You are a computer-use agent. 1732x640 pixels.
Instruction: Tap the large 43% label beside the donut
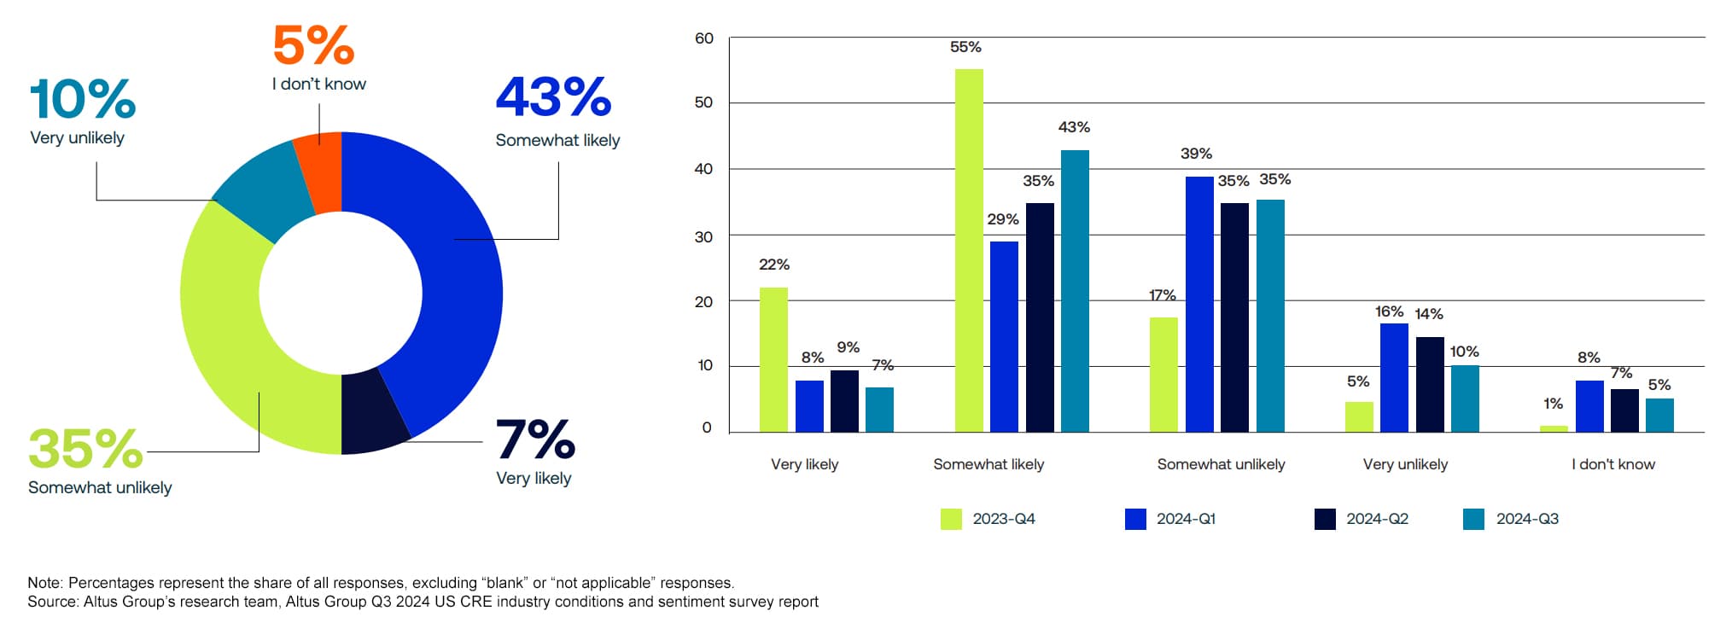[553, 97]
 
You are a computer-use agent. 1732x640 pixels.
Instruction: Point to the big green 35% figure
[85, 448]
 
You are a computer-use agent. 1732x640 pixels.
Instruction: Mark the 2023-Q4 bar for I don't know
[1554, 428]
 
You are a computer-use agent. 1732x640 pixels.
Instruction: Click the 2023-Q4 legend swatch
[951, 519]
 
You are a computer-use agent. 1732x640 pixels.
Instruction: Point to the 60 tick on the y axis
[704, 38]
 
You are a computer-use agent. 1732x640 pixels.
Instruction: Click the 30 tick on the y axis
[704, 236]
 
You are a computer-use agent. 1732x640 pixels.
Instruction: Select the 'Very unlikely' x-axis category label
[1405, 464]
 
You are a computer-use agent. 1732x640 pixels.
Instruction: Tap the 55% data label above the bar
[965, 47]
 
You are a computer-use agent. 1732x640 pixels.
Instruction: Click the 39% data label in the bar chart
[1196, 154]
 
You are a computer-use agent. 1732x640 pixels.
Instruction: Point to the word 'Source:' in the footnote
[53, 602]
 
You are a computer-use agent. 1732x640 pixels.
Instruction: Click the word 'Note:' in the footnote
[46, 583]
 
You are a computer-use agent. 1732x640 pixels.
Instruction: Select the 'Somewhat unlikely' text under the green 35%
[100, 487]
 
